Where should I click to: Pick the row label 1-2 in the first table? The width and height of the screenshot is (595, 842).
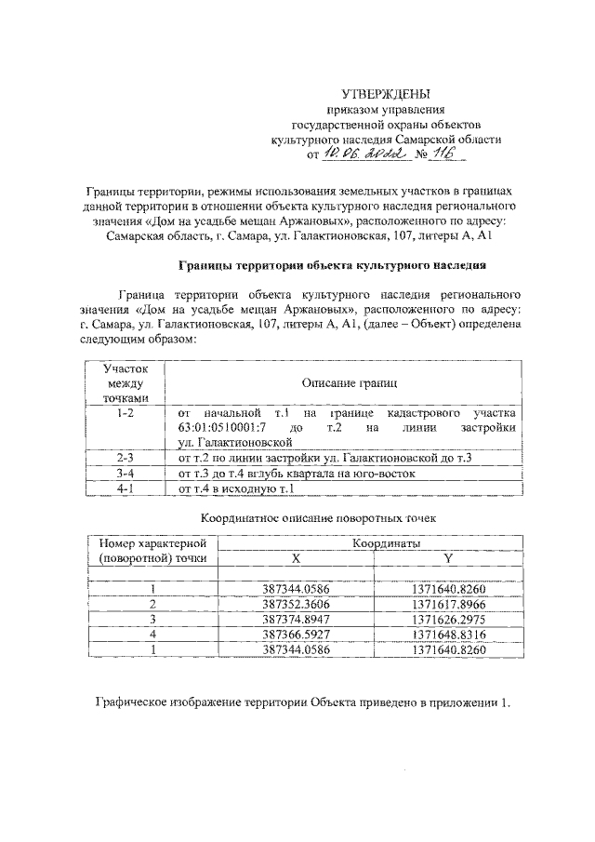click(x=121, y=410)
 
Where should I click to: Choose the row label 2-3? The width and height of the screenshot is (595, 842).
click(x=121, y=458)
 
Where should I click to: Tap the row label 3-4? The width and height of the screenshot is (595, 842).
click(x=121, y=473)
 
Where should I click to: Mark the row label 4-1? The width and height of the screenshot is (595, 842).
click(x=121, y=488)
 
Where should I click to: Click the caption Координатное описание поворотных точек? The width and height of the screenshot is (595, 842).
click(x=319, y=516)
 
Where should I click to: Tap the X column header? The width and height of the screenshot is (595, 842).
click(x=295, y=558)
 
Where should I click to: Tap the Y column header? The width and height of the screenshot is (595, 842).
click(x=449, y=558)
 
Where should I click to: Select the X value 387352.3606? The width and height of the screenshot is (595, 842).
click(x=295, y=604)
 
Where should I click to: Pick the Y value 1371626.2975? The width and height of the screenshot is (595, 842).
click(x=449, y=619)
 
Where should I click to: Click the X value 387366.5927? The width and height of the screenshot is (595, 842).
click(x=295, y=634)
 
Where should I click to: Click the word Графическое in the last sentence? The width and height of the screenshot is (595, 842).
click(x=139, y=701)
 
